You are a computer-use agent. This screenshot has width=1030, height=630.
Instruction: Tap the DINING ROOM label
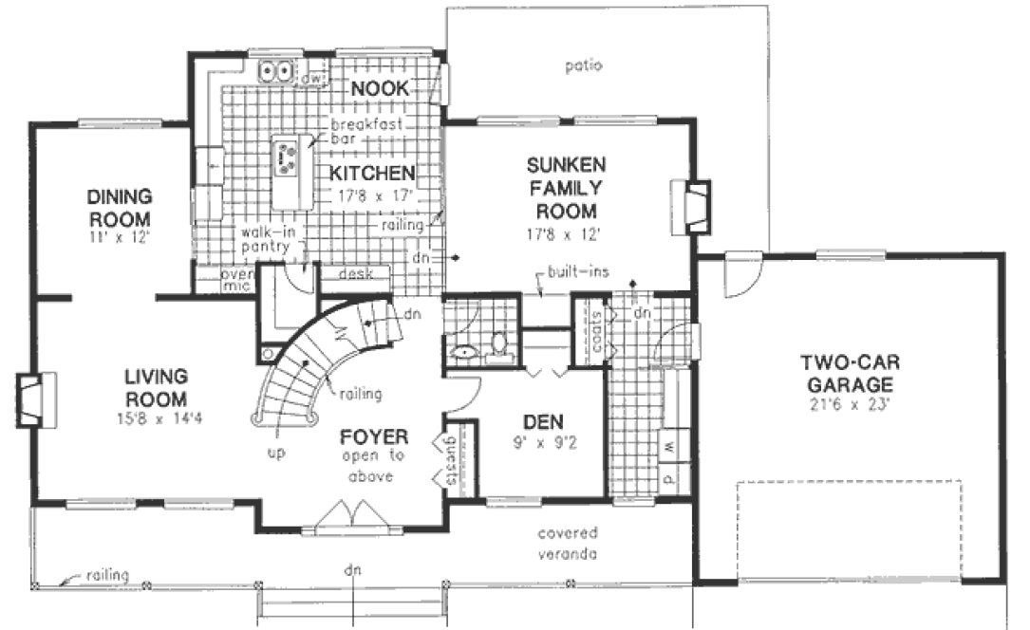120,207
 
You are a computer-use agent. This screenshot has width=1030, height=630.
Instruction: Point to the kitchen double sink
278,71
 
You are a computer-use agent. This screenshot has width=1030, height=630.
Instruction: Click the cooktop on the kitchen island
286,156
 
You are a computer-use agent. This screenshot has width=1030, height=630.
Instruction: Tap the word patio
584,65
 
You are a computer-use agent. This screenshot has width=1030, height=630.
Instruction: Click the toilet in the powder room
498,349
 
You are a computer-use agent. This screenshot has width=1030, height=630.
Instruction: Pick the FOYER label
375,437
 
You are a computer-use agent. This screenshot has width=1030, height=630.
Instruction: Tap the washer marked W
669,446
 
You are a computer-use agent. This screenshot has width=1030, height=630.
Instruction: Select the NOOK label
380,89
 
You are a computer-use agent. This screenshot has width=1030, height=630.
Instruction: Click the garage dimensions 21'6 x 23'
845,407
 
